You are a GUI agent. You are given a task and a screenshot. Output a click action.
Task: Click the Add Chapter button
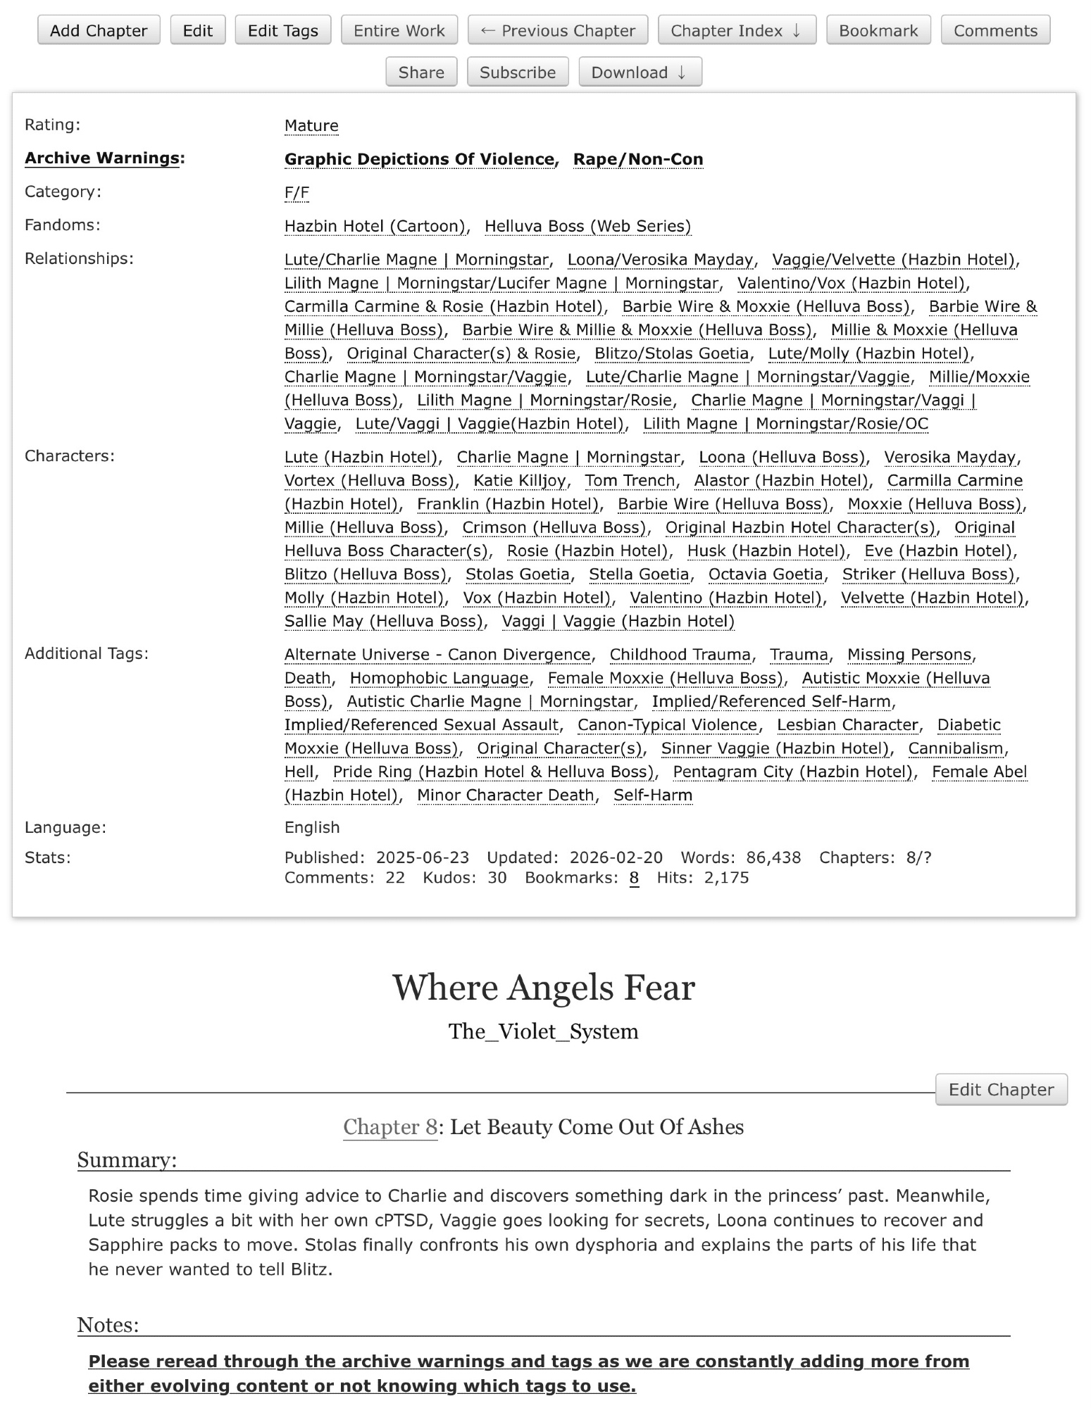click(x=99, y=30)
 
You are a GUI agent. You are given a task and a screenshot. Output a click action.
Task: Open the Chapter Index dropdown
click(x=737, y=30)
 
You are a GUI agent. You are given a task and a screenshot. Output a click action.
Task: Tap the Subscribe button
click(x=518, y=72)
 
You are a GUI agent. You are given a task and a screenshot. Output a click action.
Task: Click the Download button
click(x=640, y=72)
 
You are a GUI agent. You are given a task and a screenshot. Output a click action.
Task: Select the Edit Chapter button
click(x=1001, y=1089)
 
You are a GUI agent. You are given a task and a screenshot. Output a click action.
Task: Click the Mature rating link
click(x=311, y=126)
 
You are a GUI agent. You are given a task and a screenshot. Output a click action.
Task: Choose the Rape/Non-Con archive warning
click(x=638, y=160)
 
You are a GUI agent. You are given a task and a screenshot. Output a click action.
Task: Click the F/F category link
click(x=297, y=193)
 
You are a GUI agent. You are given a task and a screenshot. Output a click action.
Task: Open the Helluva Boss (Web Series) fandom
click(x=587, y=226)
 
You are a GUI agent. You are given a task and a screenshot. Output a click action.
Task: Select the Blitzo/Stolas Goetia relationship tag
click(x=671, y=353)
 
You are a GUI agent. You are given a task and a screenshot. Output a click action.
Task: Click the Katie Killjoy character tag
click(x=520, y=480)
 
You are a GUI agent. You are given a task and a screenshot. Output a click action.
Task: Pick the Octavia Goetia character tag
click(x=766, y=574)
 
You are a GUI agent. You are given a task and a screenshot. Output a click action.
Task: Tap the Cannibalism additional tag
click(x=955, y=748)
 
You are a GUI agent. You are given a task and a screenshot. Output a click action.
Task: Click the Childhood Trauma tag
click(x=680, y=655)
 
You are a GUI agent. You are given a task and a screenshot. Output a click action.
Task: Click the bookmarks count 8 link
click(x=634, y=878)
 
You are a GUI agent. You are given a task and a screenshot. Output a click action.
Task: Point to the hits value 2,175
click(x=726, y=878)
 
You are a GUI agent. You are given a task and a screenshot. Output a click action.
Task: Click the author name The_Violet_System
click(x=543, y=1031)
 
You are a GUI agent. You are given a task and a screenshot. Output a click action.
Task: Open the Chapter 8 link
click(x=390, y=1127)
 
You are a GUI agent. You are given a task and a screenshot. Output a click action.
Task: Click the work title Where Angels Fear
click(x=543, y=988)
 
